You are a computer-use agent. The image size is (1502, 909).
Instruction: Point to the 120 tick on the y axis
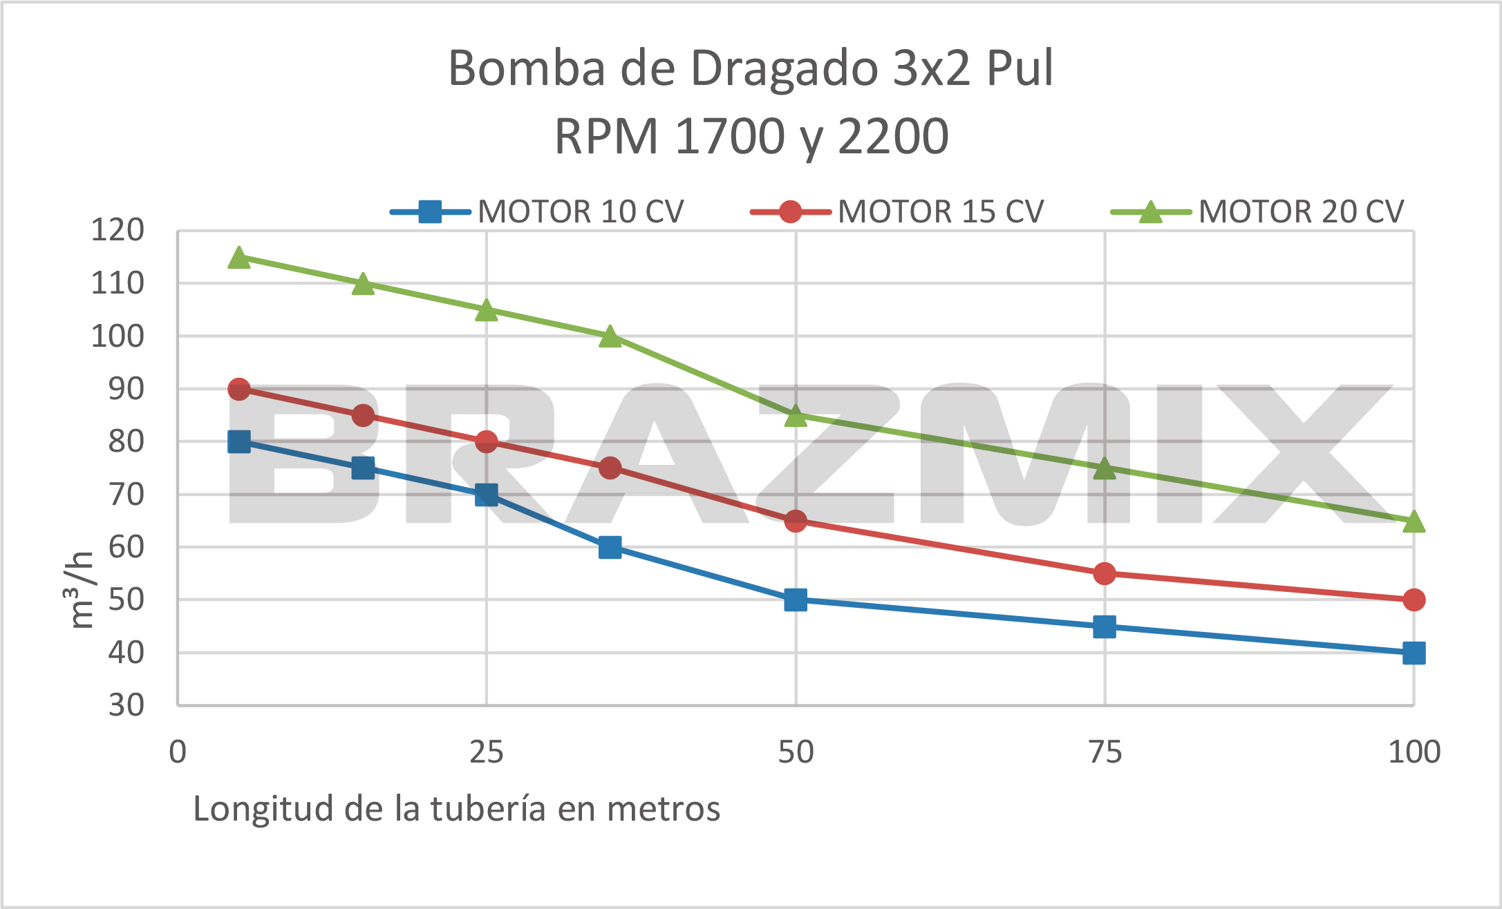[x=118, y=230]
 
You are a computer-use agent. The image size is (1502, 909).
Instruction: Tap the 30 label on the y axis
[x=126, y=705]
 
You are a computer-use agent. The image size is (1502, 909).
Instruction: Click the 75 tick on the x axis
[x=1105, y=752]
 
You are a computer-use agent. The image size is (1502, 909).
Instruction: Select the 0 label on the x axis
[x=178, y=752]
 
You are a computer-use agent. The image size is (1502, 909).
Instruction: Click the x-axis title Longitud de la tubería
[x=456, y=809]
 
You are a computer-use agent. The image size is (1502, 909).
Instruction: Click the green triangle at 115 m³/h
[x=239, y=258]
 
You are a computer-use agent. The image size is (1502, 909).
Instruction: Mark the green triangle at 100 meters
[x=1414, y=522]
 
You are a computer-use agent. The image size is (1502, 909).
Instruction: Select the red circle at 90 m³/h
[x=239, y=389]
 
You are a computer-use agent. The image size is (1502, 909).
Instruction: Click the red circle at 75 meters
[x=1105, y=573]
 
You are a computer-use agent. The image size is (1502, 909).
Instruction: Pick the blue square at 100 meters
[x=1414, y=653]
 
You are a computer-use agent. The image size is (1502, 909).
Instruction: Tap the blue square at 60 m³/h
[x=610, y=547]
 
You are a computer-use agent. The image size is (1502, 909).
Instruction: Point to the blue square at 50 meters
[x=796, y=600]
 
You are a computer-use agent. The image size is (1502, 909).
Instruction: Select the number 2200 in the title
[x=893, y=137]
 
